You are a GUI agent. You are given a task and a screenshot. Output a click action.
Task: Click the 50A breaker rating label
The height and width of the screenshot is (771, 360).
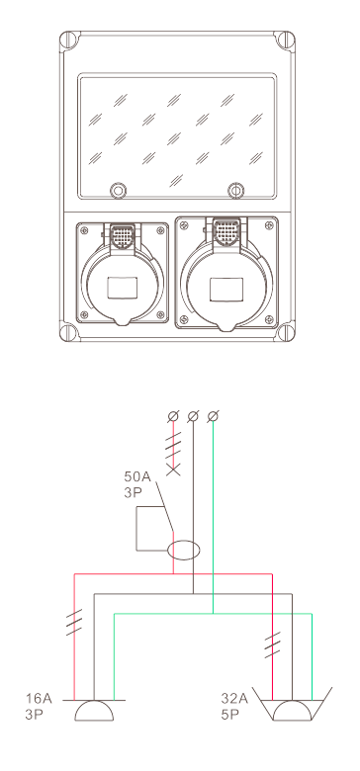coord(136,476)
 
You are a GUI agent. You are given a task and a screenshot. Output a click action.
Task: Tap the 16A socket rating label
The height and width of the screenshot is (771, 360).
coord(39,698)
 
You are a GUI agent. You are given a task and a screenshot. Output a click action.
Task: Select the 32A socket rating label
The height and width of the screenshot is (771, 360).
coord(234,698)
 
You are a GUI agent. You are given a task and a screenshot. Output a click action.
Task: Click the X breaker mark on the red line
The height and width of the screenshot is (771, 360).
coord(173,470)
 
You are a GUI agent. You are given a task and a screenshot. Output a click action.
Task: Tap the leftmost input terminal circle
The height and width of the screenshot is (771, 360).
coord(173,416)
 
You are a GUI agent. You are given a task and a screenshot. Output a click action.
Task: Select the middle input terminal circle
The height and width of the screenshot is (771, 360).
coord(193,416)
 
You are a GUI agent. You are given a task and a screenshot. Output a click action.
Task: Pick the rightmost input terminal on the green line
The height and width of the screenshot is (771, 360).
coord(213,416)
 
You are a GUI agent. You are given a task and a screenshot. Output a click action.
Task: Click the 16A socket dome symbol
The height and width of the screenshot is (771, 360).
coord(94,711)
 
